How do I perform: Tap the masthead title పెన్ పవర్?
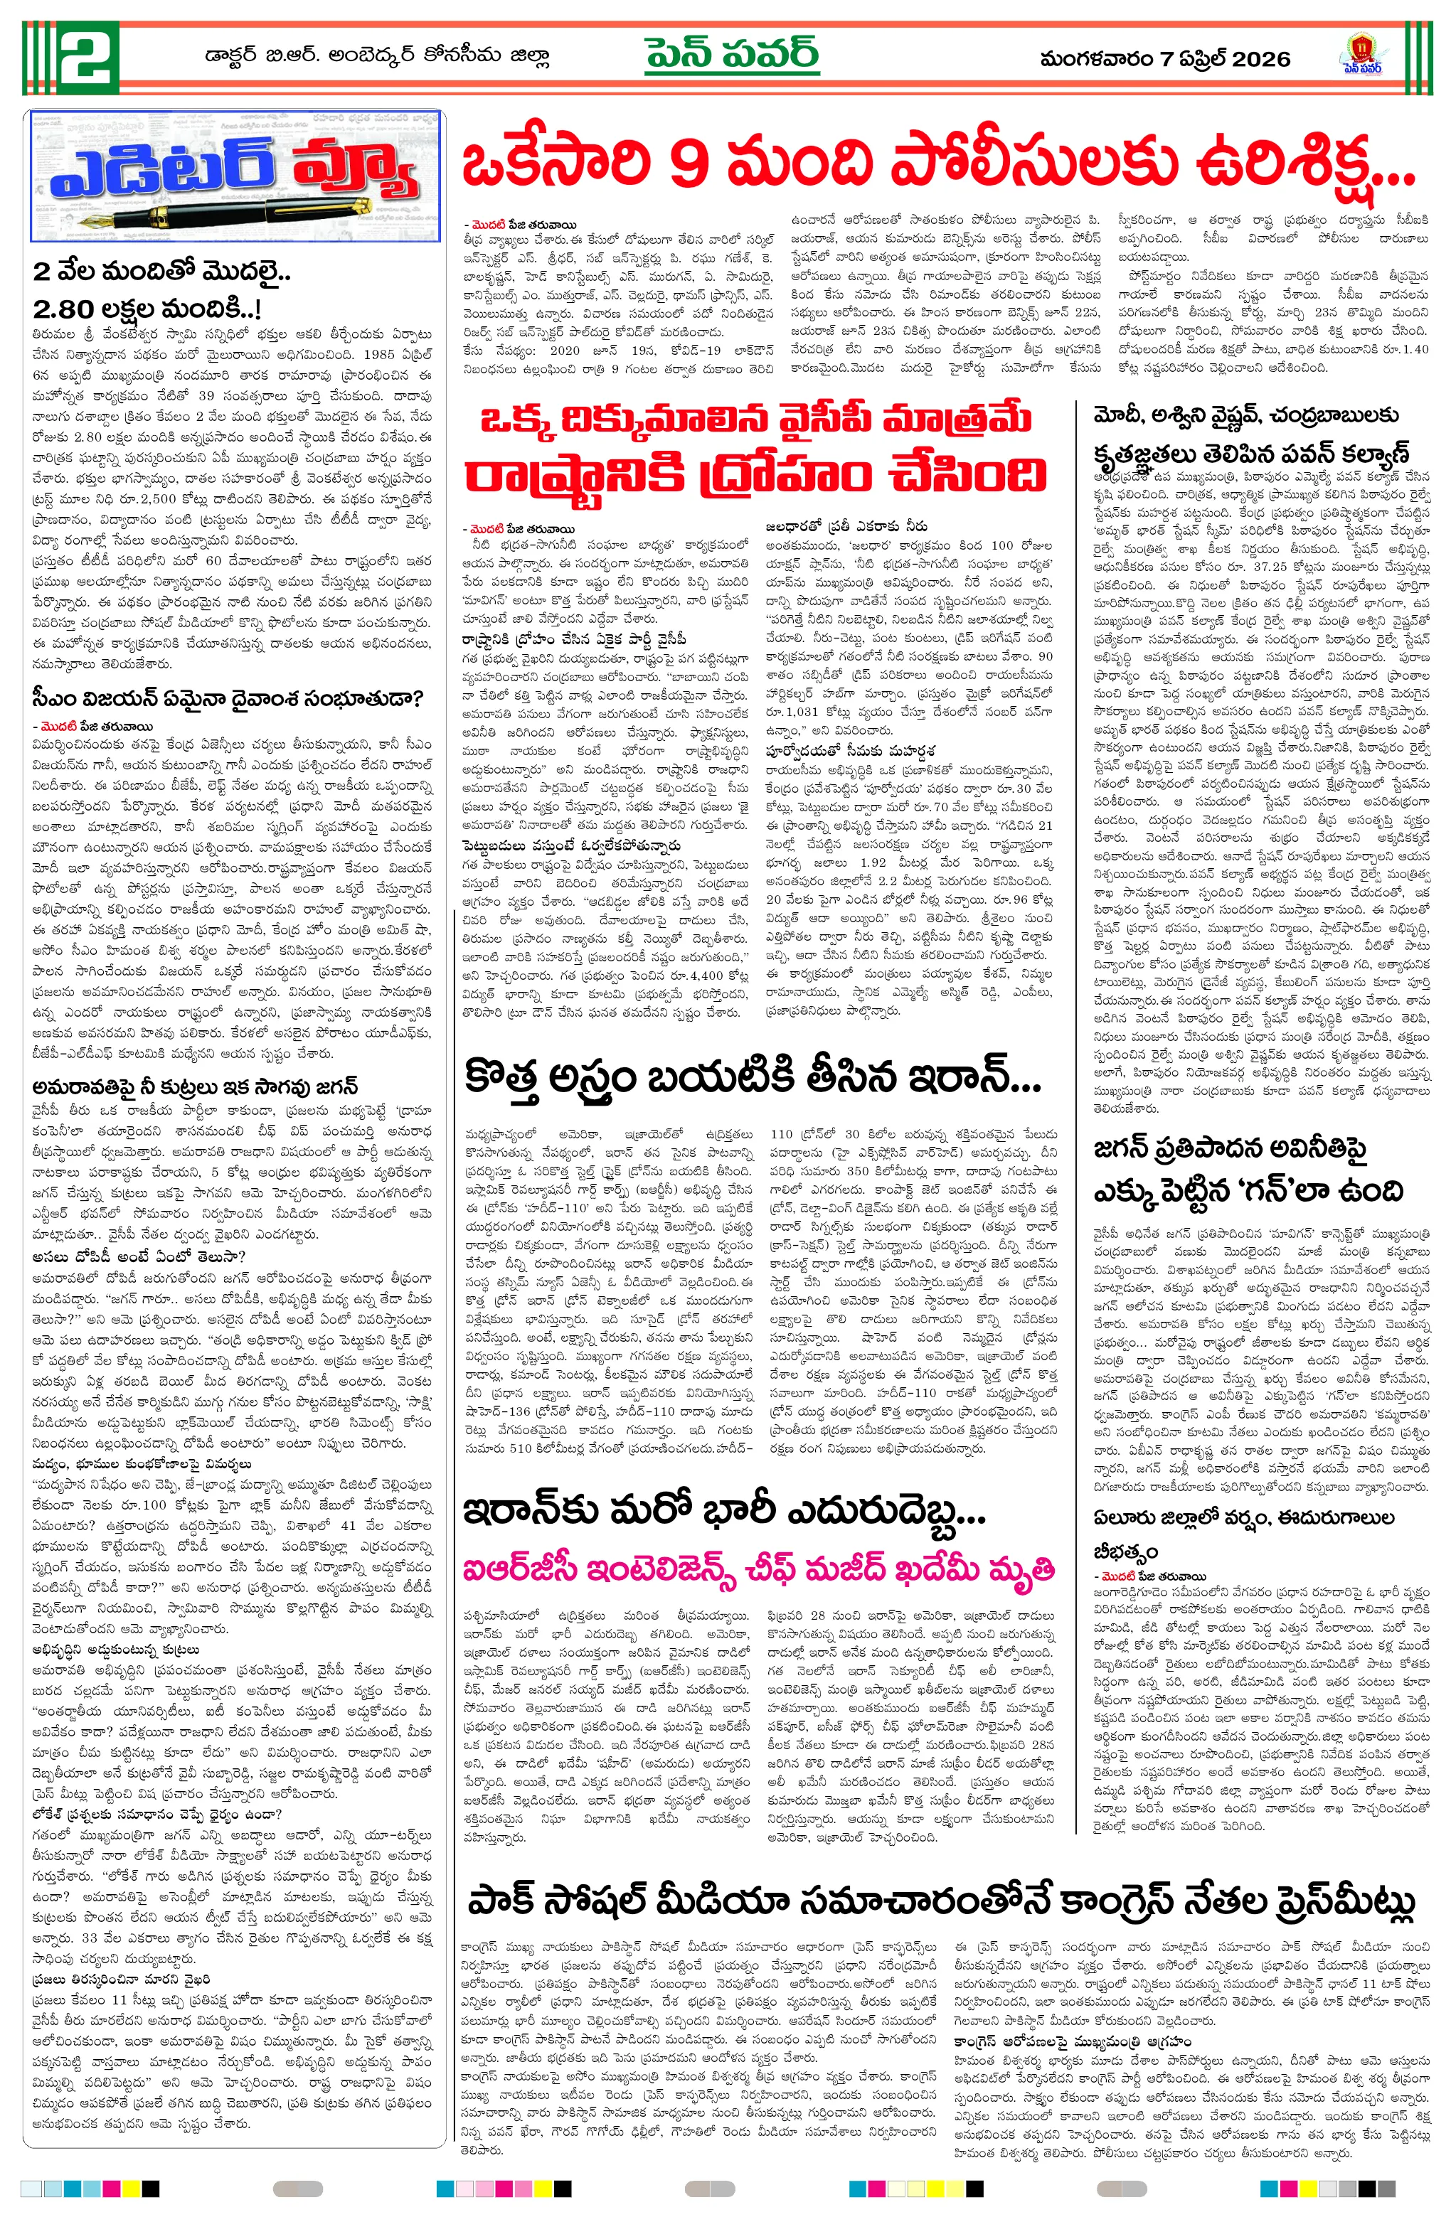tap(732, 54)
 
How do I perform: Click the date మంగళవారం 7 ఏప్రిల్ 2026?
tap(1165, 59)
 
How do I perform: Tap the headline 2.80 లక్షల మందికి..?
tap(147, 309)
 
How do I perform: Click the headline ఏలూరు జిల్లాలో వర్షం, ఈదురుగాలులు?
tap(1243, 1517)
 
